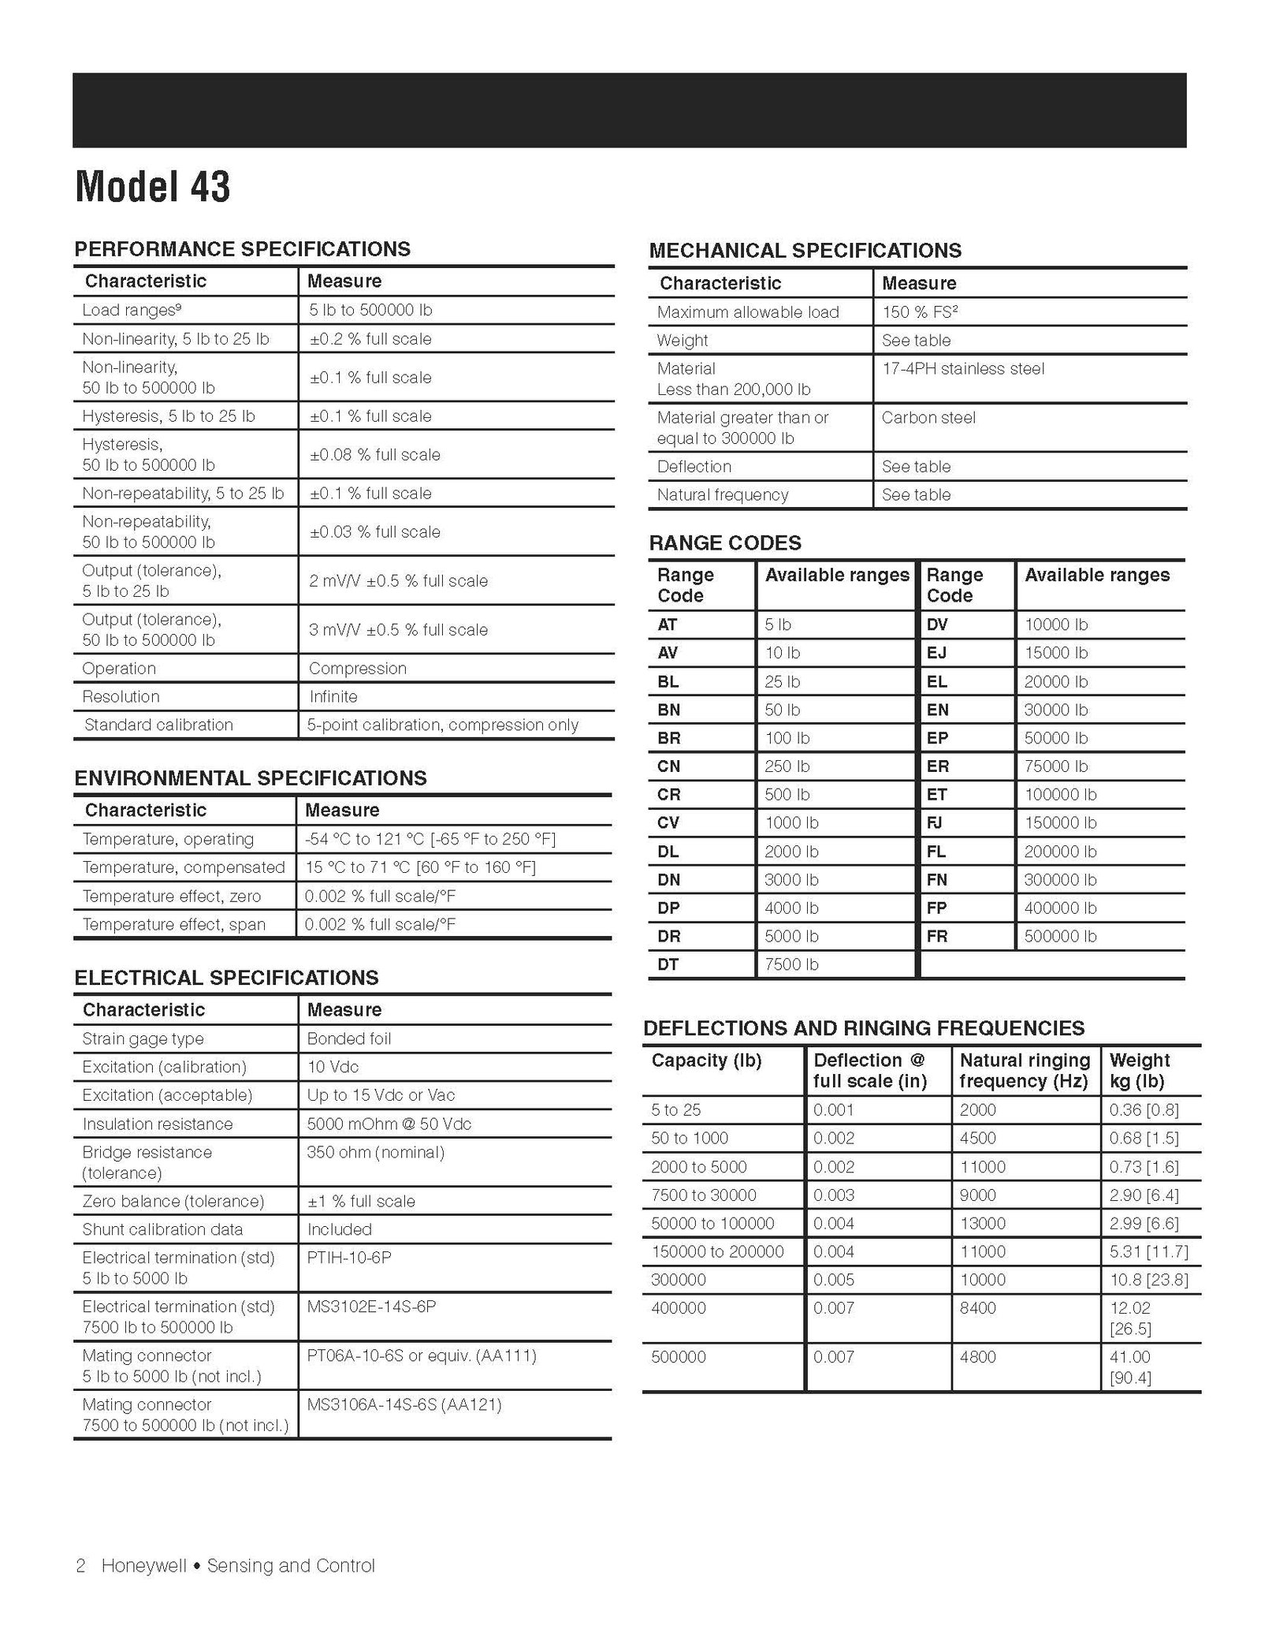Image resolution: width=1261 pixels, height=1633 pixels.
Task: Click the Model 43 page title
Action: click(x=152, y=187)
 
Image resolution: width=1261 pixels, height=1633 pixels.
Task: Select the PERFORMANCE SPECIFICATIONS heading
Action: click(x=242, y=249)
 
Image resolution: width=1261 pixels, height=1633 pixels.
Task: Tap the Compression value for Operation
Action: click(x=357, y=668)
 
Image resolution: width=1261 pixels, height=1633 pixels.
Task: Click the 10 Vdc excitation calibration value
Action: click(x=333, y=1067)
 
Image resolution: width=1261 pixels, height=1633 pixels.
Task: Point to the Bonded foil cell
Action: click(x=348, y=1038)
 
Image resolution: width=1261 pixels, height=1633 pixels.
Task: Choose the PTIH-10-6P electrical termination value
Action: click(x=348, y=1258)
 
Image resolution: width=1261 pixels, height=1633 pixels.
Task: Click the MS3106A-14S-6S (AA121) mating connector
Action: click(x=404, y=1404)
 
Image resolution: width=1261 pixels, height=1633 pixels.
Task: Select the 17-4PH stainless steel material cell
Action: click(x=962, y=369)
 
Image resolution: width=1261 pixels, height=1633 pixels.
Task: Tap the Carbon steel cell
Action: click(x=928, y=418)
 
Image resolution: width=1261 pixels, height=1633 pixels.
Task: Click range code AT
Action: click(x=667, y=624)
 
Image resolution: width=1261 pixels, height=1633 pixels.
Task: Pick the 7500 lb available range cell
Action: click(x=790, y=964)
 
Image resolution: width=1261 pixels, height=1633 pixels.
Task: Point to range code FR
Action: click(x=937, y=936)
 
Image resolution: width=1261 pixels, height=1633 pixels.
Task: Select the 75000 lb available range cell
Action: click(x=1055, y=766)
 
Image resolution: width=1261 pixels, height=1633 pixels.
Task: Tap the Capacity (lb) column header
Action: click(x=706, y=1061)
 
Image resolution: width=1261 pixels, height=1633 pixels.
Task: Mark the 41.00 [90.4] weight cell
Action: click(x=1130, y=1367)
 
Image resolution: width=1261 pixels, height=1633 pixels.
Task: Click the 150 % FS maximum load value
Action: click(x=919, y=312)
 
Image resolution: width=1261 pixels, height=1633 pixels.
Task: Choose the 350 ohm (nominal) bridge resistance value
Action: click(x=375, y=1152)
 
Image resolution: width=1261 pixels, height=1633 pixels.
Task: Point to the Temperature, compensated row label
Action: click(x=183, y=867)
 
